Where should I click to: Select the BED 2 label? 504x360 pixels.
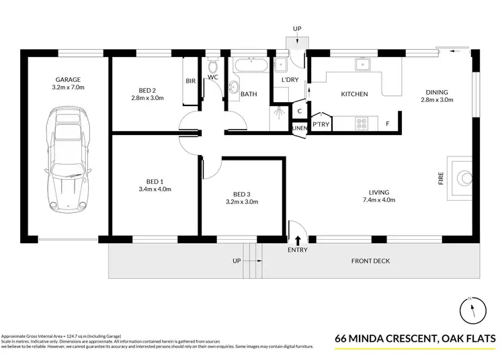pos(147,91)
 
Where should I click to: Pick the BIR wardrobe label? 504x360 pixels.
pos(190,81)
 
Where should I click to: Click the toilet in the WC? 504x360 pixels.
pos(212,67)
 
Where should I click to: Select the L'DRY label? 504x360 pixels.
pos(290,81)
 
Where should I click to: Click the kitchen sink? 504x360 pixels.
pos(363,64)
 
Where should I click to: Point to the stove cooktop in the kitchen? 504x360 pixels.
pos(361,124)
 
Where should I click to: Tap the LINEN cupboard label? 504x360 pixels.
pos(299,128)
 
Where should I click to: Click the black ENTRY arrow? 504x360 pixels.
pos(298,239)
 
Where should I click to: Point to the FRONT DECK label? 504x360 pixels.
pos(370,261)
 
